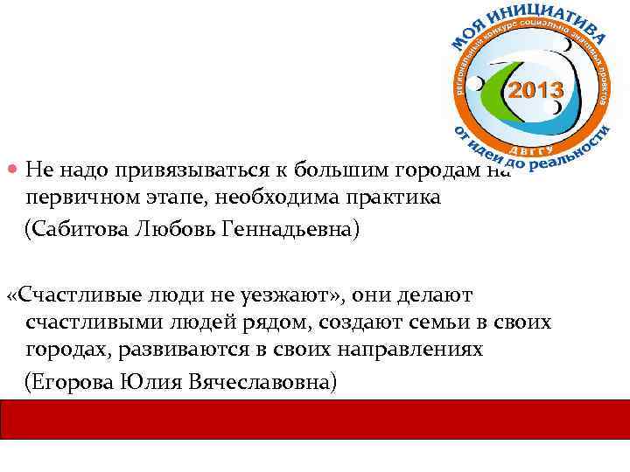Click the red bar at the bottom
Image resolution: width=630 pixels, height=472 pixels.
(315, 420)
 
